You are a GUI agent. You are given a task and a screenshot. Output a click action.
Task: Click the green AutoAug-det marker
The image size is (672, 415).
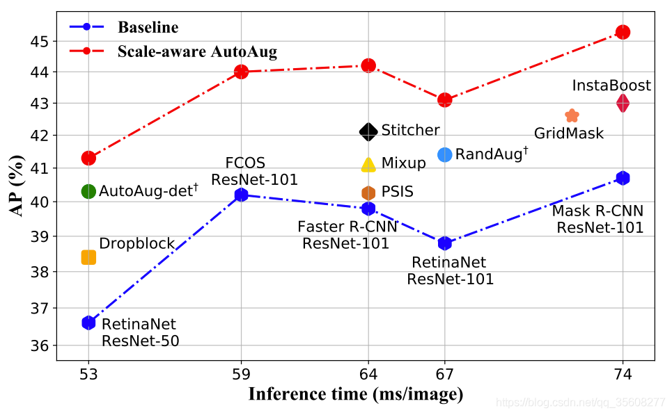coord(88,191)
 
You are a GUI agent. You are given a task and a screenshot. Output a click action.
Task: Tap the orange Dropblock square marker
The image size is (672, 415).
coord(88,257)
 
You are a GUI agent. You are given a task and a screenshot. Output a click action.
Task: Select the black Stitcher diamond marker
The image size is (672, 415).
coord(368,131)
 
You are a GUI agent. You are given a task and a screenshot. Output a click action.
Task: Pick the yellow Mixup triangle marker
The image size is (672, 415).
coord(368,164)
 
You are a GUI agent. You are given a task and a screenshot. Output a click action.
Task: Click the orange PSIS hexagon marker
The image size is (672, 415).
coord(368,193)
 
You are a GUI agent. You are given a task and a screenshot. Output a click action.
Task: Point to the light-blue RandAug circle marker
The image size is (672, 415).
coord(445,154)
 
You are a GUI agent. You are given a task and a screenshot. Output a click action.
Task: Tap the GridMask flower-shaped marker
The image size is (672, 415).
coord(572,115)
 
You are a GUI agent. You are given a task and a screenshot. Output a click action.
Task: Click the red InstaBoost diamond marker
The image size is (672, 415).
coord(623,103)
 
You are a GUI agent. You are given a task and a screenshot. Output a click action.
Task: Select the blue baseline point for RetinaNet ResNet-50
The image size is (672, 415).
coord(88,323)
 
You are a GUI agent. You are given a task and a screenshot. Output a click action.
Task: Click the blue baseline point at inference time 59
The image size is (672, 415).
coord(242,195)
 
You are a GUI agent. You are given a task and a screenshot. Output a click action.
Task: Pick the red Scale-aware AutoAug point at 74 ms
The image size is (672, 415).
coord(623,32)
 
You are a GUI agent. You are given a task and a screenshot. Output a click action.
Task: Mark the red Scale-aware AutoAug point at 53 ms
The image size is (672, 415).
coord(88,158)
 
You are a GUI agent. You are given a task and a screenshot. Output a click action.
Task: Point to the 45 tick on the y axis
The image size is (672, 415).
coord(41,41)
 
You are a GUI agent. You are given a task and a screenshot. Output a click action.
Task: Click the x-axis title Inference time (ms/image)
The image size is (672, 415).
coord(355,395)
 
